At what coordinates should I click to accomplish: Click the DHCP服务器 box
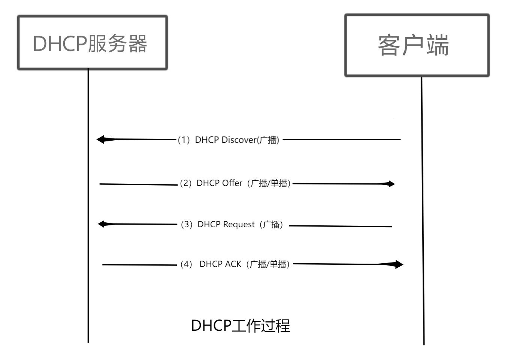(x=92, y=43)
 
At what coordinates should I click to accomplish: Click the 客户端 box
(x=417, y=45)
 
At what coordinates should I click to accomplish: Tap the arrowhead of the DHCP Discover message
(x=101, y=139)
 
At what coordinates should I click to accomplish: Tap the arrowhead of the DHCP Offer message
(x=390, y=184)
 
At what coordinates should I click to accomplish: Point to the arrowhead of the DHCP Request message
(x=102, y=224)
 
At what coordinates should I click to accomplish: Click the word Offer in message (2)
(x=232, y=183)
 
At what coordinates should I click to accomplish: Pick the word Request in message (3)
(x=239, y=225)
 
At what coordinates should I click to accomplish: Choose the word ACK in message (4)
(x=233, y=264)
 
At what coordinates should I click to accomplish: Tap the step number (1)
(x=184, y=140)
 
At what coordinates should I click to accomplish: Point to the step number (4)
(x=186, y=264)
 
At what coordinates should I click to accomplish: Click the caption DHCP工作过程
(x=241, y=325)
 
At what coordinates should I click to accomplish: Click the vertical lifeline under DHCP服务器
(x=88, y=206)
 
